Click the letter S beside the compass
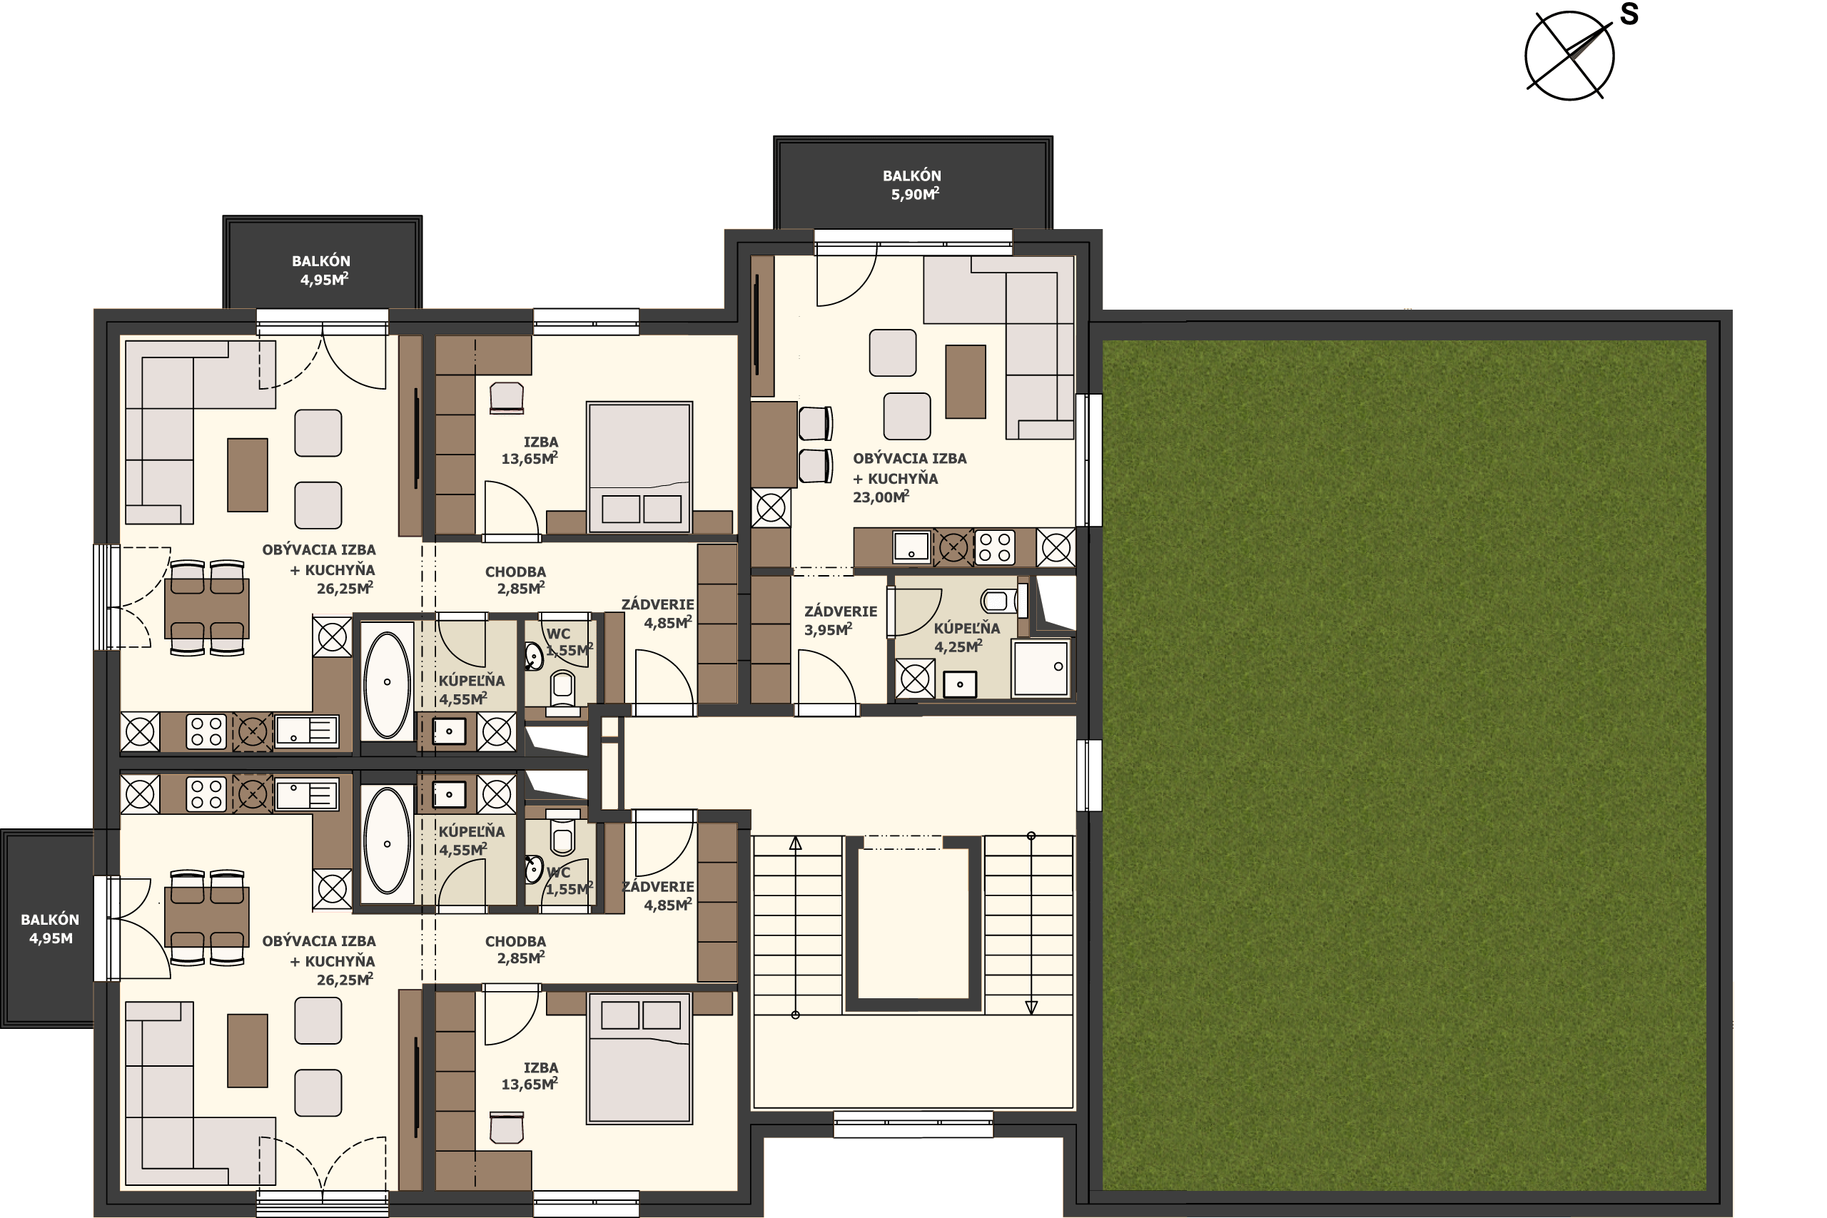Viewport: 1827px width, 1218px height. (1629, 14)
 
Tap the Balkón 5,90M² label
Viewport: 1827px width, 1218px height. (913, 185)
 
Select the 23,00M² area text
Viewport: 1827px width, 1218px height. (881, 497)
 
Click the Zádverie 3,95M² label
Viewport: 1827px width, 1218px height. (841, 620)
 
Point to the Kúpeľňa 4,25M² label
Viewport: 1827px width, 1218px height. (966, 637)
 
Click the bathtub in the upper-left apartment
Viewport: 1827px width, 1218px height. (387, 684)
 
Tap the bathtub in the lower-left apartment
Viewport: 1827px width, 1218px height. (387, 841)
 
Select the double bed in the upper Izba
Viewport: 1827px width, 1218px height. (639, 467)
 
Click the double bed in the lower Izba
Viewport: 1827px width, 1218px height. (639, 1058)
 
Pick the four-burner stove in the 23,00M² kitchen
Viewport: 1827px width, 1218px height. (994, 546)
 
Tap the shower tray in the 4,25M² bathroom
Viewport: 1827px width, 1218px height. (1041, 667)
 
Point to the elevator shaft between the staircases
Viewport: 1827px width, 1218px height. (913, 923)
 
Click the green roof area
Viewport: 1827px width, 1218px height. (1405, 765)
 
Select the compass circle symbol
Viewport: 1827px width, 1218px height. (1569, 56)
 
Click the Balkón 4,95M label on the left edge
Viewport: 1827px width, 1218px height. (51, 928)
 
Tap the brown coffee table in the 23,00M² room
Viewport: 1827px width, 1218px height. (966, 382)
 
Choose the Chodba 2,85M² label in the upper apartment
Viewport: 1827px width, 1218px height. (516, 580)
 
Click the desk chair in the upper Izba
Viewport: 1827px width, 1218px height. (507, 397)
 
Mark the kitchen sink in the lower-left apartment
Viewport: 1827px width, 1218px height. (307, 795)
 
